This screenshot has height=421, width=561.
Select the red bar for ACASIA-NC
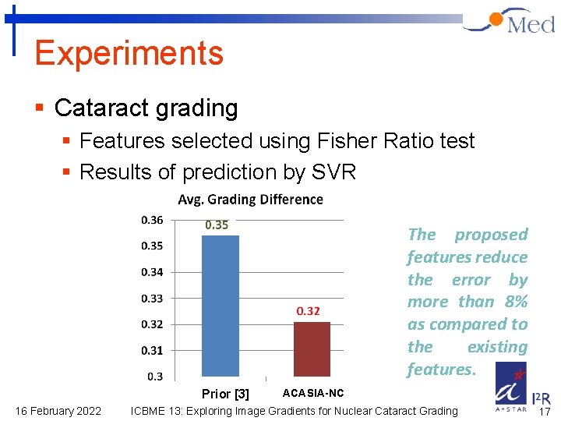click(x=312, y=348)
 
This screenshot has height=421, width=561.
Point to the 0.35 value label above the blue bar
click(x=217, y=225)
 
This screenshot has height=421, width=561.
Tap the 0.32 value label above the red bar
click(x=308, y=311)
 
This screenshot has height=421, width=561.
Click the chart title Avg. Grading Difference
click(x=250, y=200)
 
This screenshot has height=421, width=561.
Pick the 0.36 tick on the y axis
click(x=152, y=220)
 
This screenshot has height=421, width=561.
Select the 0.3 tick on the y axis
click(x=155, y=377)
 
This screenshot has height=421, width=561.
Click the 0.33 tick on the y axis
click(x=152, y=298)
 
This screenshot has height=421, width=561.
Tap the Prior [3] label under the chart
click(x=225, y=394)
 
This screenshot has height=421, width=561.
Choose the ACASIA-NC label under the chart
click(x=312, y=393)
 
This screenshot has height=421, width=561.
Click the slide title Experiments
click(x=129, y=53)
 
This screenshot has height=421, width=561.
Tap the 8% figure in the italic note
click(x=514, y=302)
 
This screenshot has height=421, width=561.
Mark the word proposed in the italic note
click(x=491, y=235)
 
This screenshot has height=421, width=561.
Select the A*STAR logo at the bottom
click(x=510, y=387)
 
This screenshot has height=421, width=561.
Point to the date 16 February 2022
click(x=58, y=411)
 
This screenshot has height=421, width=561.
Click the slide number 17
click(x=545, y=411)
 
